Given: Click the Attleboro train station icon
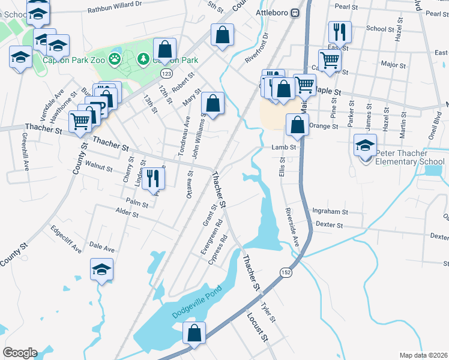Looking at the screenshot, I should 295,13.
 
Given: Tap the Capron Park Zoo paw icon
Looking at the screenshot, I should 115,59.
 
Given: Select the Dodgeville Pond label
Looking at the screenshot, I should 197,302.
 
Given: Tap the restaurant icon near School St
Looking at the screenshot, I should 340,32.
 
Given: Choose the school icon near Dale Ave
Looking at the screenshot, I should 101,269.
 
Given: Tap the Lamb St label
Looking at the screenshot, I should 285,147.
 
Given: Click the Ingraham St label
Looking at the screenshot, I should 331,212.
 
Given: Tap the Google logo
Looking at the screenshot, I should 20,353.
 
